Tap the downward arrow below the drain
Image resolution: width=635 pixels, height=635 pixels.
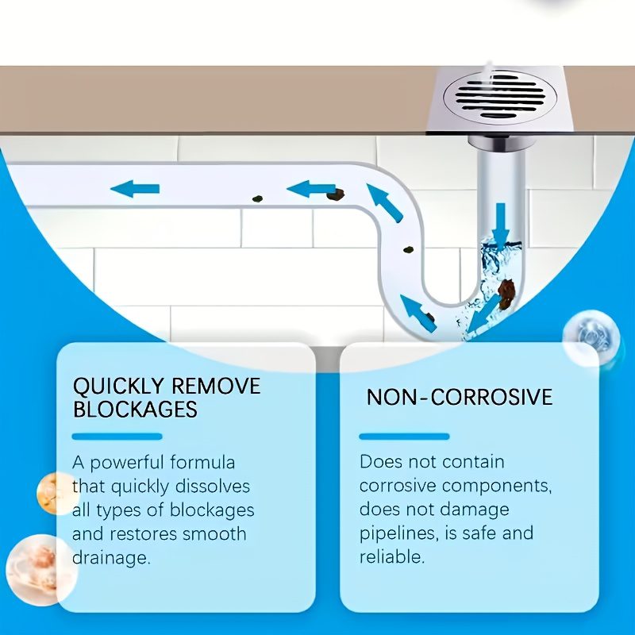[x=501, y=227]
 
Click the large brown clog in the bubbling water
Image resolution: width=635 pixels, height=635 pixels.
[x=506, y=293]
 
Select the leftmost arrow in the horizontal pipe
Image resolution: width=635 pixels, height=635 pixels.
[x=135, y=189]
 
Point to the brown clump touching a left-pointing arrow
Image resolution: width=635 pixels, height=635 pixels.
[x=336, y=195]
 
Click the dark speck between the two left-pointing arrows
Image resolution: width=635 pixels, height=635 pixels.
[x=257, y=199]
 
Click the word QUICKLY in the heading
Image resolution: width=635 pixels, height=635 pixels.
[x=118, y=386]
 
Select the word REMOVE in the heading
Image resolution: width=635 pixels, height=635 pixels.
[x=216, y=386]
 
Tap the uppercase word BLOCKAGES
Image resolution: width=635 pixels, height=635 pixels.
[x=135, y=409]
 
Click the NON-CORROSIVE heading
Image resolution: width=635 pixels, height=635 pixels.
[x=460, y=397]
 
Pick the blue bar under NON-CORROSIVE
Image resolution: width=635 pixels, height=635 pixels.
[x=404, y=436]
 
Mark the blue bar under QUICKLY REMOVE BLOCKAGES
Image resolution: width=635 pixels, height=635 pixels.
[x=117, y=437]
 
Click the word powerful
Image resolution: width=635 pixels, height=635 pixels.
[x=126, y=464]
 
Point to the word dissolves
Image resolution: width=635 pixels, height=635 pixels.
[x=213, y=487]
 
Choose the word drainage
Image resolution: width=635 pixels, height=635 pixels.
[x=111, y=559]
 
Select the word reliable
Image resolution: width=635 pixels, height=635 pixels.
[x=392, y=557]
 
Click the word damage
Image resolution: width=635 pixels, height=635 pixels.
[x=475, y=510]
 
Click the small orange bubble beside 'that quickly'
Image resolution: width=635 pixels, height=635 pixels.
[x=56, y=493]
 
